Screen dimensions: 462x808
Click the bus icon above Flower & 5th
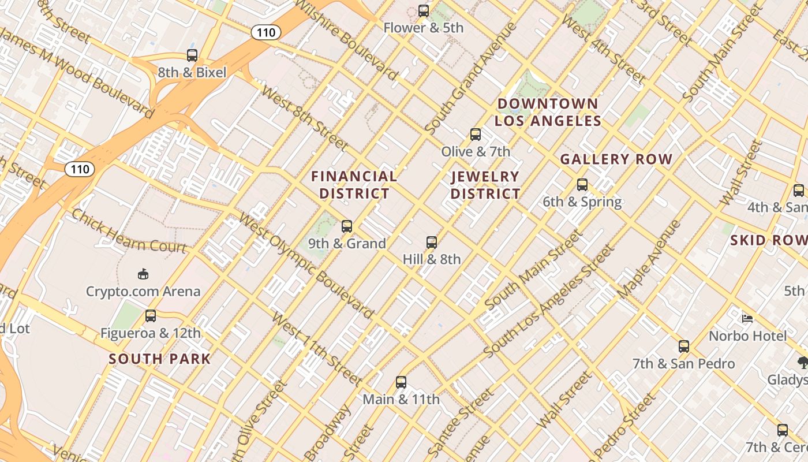click(424, 10)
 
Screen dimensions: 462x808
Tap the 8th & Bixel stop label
click(192, 73)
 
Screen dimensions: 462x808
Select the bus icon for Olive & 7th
click(476, 135)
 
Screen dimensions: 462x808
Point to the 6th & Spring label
click(582, 202)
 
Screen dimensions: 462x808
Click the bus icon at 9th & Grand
click(347, 226)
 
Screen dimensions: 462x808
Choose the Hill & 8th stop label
click(432, 259)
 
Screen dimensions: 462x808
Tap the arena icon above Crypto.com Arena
click(143, 274)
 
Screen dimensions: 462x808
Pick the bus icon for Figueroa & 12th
click(151, 316)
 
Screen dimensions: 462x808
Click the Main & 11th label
click(401, 399)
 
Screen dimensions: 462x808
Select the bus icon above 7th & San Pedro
click(684, 346)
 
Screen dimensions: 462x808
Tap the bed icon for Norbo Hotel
click(747, 318)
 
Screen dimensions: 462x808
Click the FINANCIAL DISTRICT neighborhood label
click(354, 185)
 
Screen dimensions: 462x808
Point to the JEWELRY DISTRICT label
click(485, 185)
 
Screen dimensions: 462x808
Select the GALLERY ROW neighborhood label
click(616, 159)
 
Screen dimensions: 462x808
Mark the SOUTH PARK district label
click(160, 359)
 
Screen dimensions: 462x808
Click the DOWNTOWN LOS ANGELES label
click(548, 112)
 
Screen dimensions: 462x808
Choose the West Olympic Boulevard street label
click(306, 265)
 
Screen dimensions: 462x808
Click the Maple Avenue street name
click(649, 260)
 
